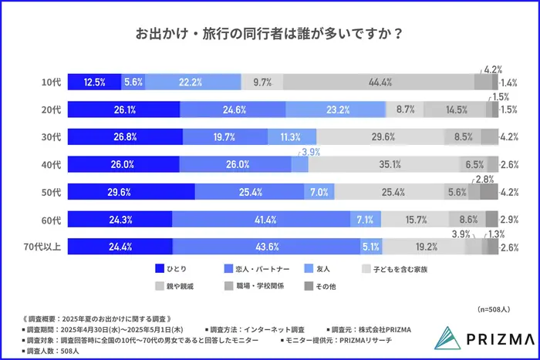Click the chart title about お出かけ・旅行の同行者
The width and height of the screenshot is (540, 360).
[269, 34]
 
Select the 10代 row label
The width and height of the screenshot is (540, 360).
[52, 82]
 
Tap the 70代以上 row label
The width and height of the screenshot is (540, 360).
[47, 247]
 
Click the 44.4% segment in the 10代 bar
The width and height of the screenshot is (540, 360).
[378, 82]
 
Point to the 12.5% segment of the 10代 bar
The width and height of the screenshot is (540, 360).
[94, 82]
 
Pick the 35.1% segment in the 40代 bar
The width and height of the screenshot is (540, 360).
[384, 165]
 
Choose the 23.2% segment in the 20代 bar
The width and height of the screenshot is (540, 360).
[336, 109]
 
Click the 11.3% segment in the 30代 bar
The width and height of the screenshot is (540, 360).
[291, 137]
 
